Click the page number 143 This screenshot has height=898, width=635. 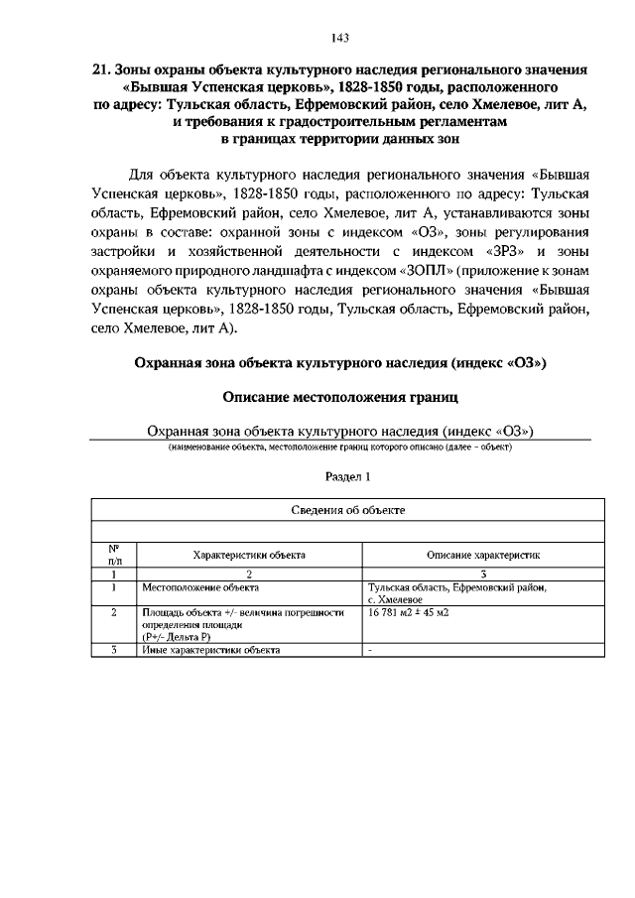tap(339, 38)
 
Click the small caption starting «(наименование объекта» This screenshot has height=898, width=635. tap(339, 448)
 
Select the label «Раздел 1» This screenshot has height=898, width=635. tap(339, 477)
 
